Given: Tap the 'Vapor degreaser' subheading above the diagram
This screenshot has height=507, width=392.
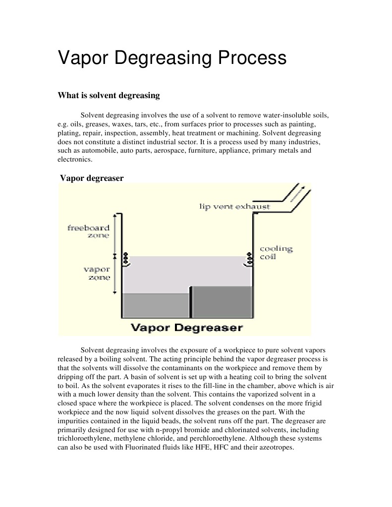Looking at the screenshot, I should click(92, 178).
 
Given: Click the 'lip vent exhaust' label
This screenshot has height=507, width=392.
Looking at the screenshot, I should click(234, 206).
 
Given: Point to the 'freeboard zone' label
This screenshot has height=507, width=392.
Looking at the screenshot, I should click(89, 231).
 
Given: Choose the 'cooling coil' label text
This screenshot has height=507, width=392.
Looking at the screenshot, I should click(276, 252).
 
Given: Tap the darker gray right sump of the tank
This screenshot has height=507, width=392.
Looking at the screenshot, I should click(222, 302).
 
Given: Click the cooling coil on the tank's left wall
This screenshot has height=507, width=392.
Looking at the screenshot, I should click(126, 259).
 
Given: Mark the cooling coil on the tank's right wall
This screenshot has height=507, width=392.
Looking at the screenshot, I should click(248, 259).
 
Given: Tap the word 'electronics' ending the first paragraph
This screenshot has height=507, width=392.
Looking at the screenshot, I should click(74, 160).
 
